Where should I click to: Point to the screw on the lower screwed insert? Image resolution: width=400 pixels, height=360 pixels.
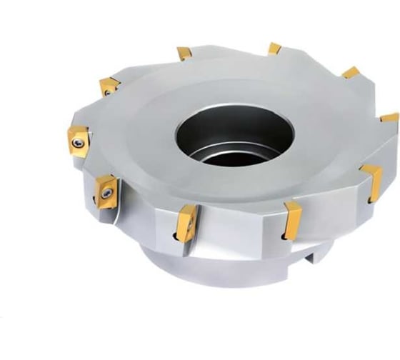click(106, 192)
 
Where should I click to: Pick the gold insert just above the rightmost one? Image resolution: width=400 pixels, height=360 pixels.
click(351, 72)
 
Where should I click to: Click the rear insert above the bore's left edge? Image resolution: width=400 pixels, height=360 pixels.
click(184, 53)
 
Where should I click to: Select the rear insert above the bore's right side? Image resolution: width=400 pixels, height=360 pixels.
click(274, 49)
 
